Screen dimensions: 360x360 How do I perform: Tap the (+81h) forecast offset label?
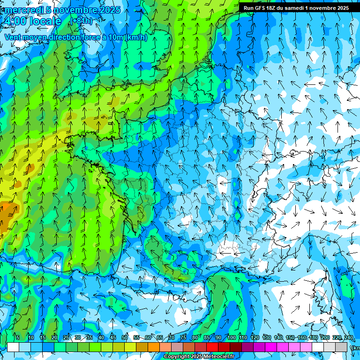(81, 21)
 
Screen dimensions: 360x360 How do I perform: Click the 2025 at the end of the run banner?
(341, 8)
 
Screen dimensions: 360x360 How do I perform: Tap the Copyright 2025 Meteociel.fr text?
(199, 357)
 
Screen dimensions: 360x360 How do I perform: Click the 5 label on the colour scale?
(17, 338)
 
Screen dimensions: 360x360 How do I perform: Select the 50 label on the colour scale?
(125, 338)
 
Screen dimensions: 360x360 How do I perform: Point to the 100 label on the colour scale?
(231, 338)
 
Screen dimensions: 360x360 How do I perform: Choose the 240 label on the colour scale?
(348, 338)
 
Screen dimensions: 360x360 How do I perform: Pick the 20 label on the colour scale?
(54, 338)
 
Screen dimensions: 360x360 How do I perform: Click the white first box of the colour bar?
(13, 347)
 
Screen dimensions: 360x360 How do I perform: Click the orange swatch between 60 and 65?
(154, 347)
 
